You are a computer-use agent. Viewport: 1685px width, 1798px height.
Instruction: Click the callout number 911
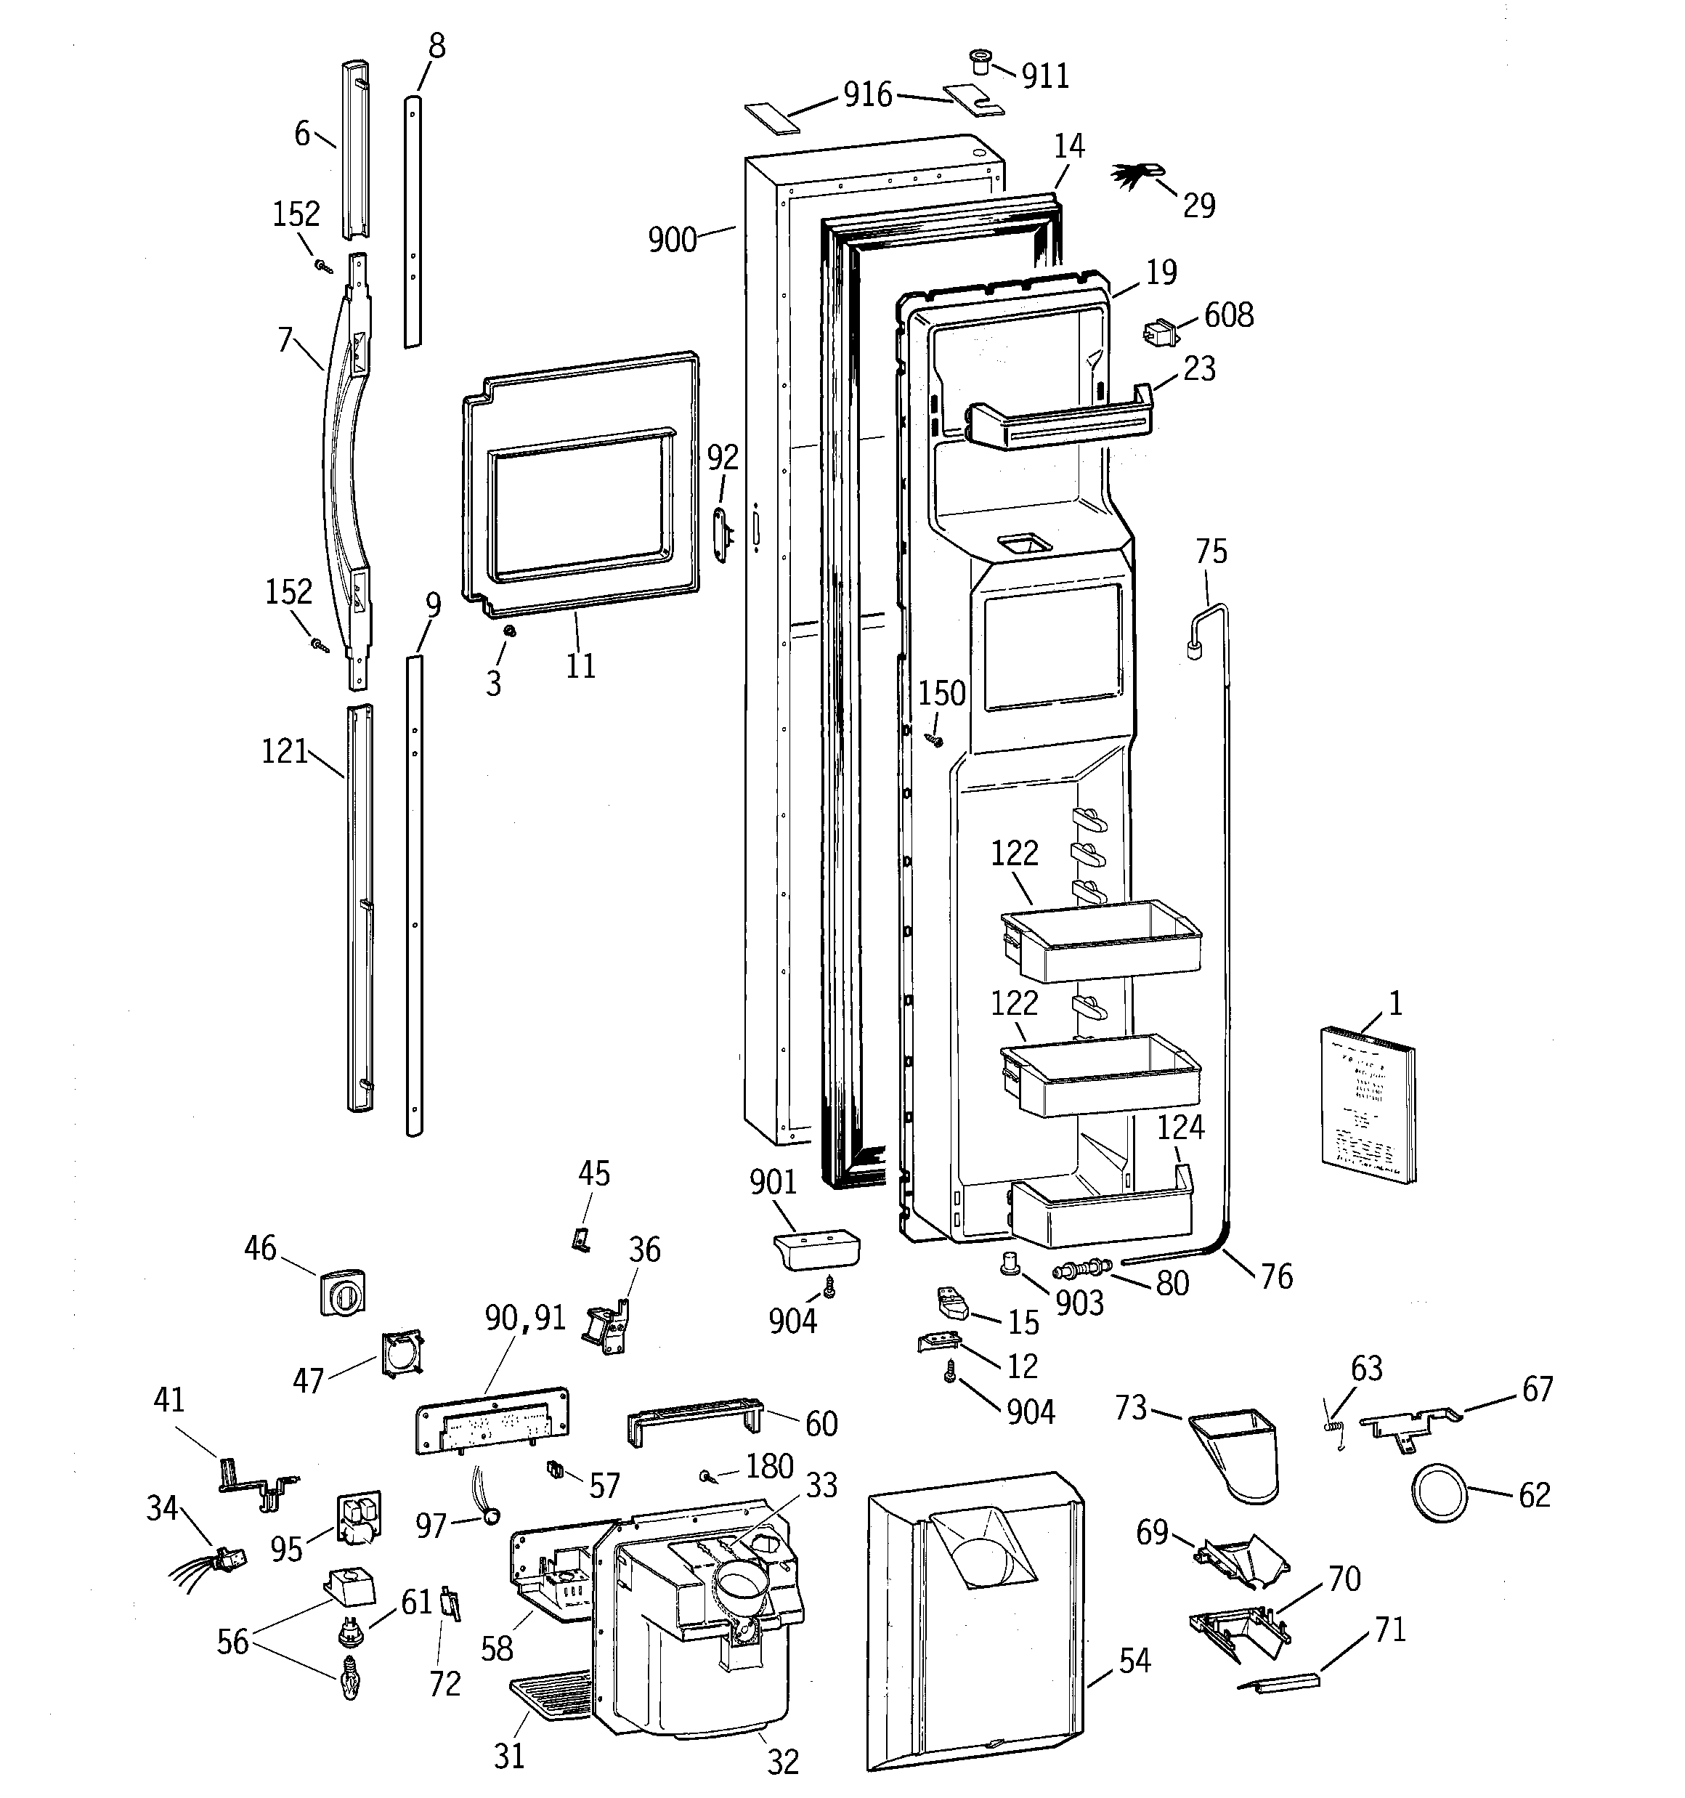pos(1046,76)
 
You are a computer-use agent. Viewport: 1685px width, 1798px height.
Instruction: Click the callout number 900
pos(672,240)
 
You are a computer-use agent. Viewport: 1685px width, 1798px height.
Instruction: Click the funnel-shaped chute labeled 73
pos(1238,1450)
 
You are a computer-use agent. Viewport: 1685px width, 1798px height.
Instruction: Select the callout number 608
pos(1228,315)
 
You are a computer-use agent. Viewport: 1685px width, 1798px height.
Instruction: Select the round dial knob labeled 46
pos(343,1293)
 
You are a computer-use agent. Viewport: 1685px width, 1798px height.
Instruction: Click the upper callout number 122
pos(1014,853)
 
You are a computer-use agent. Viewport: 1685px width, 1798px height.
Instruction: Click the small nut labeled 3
pos(508,631)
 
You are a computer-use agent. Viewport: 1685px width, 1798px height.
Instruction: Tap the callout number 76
pos(1276,1276)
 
